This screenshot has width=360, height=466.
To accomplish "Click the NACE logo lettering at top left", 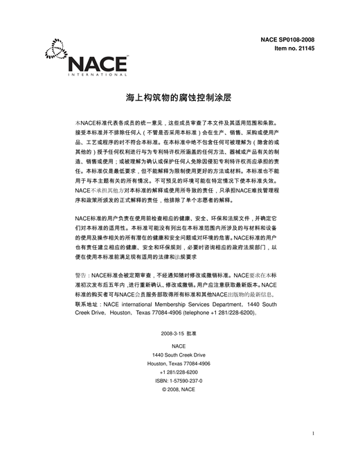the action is (x=98, y=63).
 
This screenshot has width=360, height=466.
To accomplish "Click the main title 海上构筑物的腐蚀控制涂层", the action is (x=179, y=98).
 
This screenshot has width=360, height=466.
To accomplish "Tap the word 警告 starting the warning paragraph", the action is (x=82, y=275).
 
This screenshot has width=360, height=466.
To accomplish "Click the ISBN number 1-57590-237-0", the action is (x=184, y=381).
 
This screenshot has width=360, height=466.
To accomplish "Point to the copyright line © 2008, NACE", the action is (x=179, y=390).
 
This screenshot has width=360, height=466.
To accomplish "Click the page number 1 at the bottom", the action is (x=314, y=434).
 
